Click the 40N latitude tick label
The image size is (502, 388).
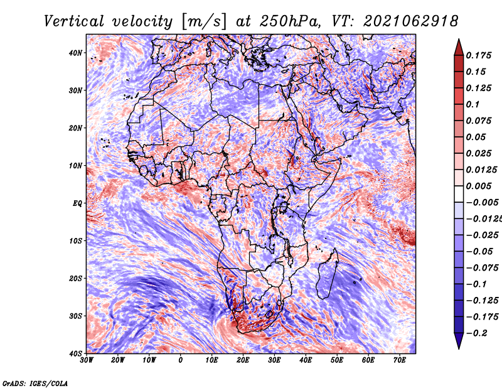point(75,53)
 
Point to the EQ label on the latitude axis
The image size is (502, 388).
point(77,203)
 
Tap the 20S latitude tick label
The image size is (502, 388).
point(75,278)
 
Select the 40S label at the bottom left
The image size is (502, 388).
point(75,353)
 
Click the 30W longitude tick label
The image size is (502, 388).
point(87,360)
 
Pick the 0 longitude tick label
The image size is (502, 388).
point(181,360)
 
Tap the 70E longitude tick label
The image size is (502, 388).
point(400,360)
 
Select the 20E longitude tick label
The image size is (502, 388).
point(243,360)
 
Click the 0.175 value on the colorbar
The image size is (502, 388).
point(478,55)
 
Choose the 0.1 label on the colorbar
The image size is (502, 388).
point(473,104)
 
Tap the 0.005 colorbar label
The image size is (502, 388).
point(478,186)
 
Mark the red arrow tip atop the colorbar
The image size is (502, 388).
point(459,40)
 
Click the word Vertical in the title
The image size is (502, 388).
point(74,21)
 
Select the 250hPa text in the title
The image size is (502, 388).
point(289,21)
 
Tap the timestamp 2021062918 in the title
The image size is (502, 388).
point(411,21)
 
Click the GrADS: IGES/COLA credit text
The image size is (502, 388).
point(35,384)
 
